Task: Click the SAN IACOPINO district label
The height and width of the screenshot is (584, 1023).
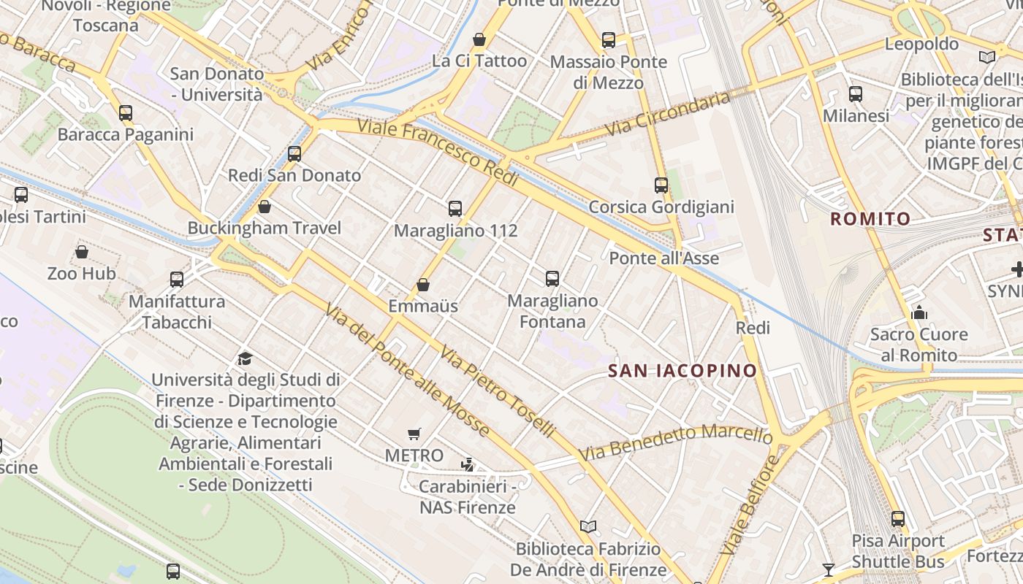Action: tap(682, 371)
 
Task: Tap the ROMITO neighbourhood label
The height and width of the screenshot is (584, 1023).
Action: tap(870, 218)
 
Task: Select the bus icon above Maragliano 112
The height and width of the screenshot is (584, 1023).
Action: tap(455, 209)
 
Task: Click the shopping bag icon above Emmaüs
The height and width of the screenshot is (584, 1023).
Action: tap(423, 285)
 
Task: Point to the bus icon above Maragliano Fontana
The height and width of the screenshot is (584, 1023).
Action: tap(552, 278)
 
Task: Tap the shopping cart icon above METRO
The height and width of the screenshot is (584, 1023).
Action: tap(414, 434)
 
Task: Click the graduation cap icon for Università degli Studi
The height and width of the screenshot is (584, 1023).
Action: tap(246, 358)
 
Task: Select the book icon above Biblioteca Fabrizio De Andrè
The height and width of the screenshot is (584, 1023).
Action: tap(588, 526)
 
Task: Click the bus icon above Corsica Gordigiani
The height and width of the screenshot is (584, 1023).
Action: tap(661, 185)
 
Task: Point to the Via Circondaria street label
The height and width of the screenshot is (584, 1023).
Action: tap(668, 114)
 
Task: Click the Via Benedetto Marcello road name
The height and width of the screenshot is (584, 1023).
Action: tap(676, 441)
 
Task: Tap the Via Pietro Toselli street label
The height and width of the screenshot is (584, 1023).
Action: tap(496, 391)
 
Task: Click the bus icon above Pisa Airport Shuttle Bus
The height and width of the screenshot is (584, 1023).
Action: tap(898, 519)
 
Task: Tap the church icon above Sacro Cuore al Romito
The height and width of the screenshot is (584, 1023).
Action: tap(919, 313)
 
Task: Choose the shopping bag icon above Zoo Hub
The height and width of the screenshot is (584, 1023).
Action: tap(82, 252)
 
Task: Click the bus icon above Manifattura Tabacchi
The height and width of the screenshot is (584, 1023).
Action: tap(177, 279)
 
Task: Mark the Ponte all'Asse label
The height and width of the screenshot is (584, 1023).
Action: tap(663, 258)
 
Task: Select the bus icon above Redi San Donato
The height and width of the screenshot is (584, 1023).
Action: tap(294, 153)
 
